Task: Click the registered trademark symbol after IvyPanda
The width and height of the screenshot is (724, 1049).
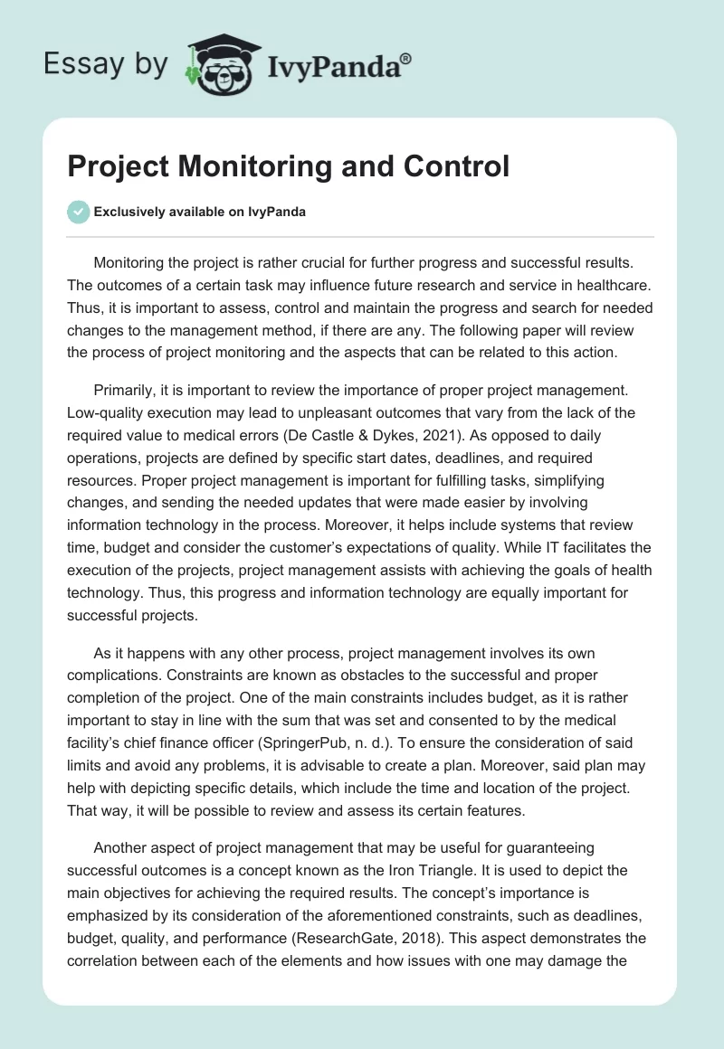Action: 406,59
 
